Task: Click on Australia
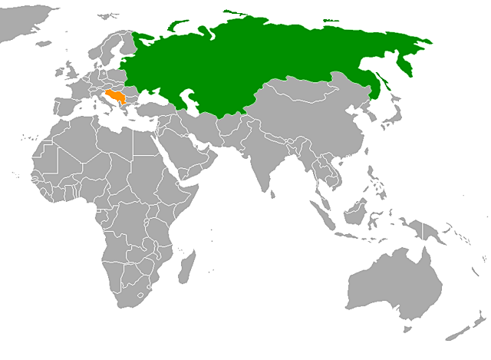(395, 284)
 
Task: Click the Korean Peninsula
(371, 123)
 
